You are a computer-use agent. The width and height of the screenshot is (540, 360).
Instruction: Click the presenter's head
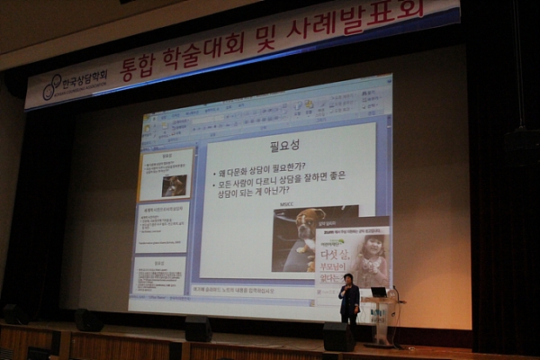pos(346,279)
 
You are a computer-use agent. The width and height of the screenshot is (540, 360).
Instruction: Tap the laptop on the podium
pos(378,292)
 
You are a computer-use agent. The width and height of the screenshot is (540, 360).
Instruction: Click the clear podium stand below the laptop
pos(379,322)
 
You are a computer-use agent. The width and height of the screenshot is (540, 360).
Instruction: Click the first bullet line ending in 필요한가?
pos(266,166)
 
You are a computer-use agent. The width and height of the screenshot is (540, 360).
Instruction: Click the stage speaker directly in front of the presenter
pos(338,337)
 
